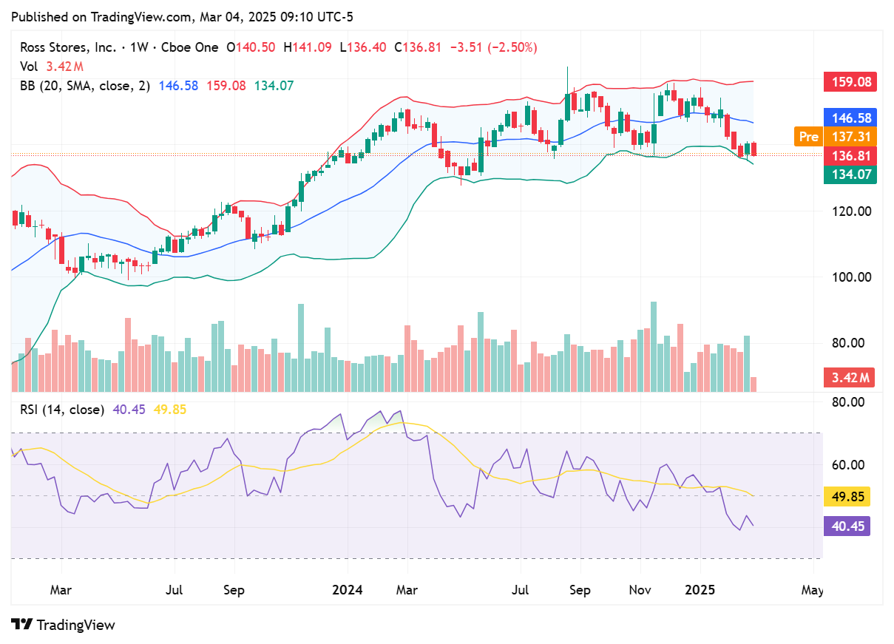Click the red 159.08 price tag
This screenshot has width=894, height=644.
pyautogui.click(x=850, y=81)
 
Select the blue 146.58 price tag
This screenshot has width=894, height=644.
pyautogui.click(x=850, y=118)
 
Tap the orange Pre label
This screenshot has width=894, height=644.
pyautogui.click(x=808, y=137)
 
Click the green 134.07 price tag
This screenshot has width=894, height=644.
pyautogui.click(x=850, y=175)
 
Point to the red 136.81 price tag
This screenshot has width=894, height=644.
pyautogui.click(x=850, y=156)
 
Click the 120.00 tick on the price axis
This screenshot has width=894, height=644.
pyautogui.click(x=850, y=211)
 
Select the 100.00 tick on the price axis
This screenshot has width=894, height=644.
pyautogui.click(x=850, y=277)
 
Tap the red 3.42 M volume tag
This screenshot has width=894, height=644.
pyautogui.click(x=850, y=378)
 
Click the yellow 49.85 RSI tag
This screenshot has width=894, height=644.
pyautogui.click(x=847, y=496)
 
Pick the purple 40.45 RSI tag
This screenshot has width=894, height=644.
pyautogui.click(x=847, y=526)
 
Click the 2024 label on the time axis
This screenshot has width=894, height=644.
pyautogui.click(x=347, y=590)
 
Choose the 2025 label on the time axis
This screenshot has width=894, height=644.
pyautogui.click(x=700, y=590)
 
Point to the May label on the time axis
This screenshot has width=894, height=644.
pyautogui.click(x=812, y=590)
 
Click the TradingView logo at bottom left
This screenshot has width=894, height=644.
pyautogui.click(x=64, y=625)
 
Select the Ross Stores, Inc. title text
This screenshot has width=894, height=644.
pyautogui.click(x=68, y=47)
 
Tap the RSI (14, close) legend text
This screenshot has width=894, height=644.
pyautogui.click(x=61, y=410)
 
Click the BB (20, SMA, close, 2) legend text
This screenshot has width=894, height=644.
pyautogui.click(x=85, y=86)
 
